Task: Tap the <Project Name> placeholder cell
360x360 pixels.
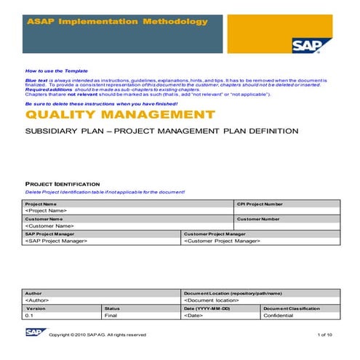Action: [x=51, y=211]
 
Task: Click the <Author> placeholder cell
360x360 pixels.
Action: [x=38, y=300]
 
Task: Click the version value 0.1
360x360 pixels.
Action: [x=30, y=316]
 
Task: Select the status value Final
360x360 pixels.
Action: [x=111, y=316]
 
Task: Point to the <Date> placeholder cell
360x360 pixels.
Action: [x=193, y=316]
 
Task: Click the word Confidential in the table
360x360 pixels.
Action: [x=279, y=316]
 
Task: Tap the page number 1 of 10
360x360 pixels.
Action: [x=325, y=335]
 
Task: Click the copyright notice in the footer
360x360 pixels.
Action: [x=97, y=335]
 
